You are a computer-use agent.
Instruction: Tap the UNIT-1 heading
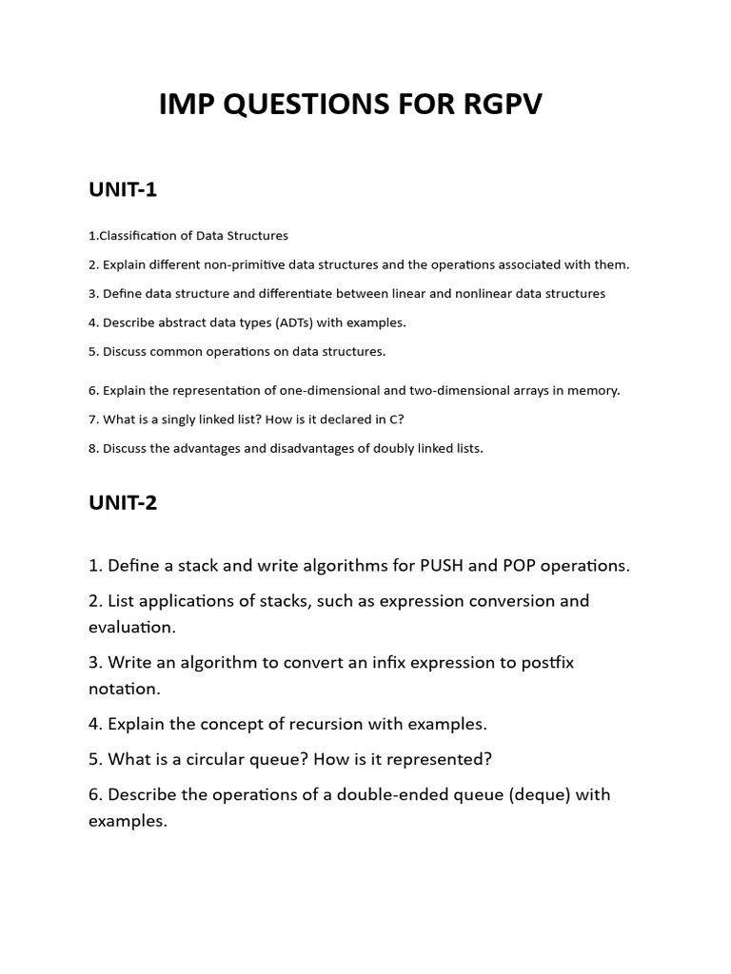coord(123,189)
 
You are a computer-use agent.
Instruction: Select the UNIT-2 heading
coord(123,503)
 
